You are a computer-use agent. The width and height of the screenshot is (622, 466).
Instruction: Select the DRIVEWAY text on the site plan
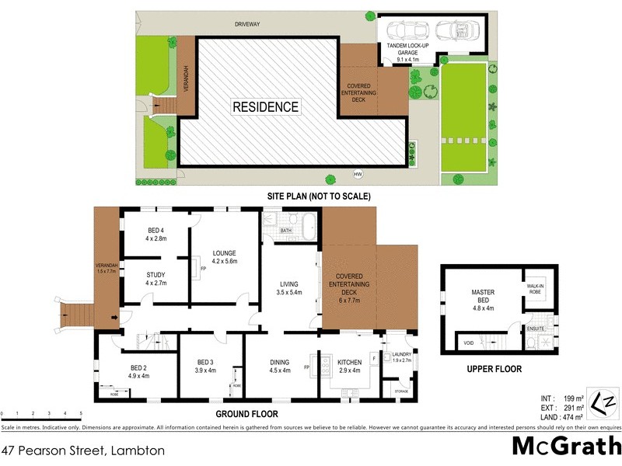click(248, 25)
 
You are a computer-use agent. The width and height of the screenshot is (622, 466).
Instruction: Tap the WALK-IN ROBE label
click(536, 290)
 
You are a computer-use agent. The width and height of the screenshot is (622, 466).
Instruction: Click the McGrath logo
click(565, 447)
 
